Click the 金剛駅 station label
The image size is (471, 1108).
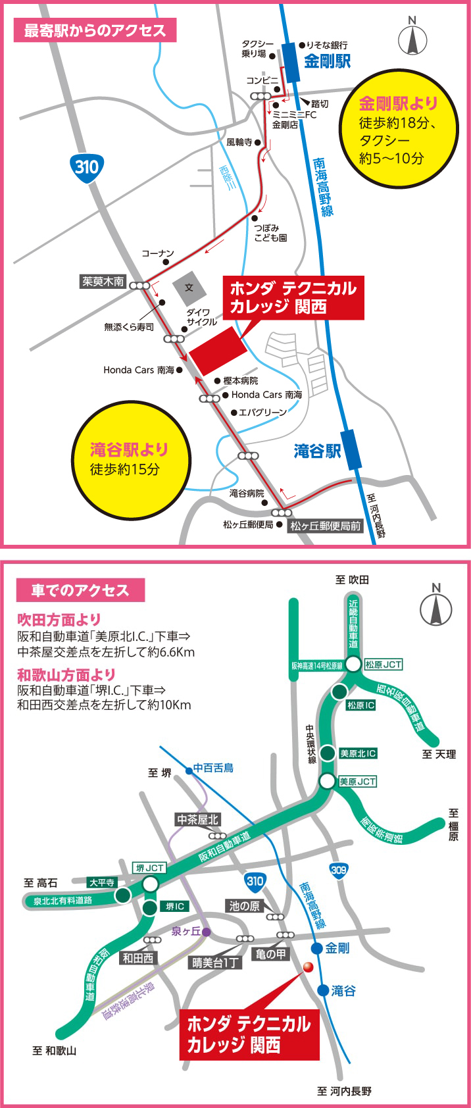(x=327, y=61)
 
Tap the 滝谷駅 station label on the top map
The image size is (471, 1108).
(x=317, y=451)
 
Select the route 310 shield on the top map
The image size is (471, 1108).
(x=86, y=166)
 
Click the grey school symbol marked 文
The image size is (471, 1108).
(x=189, y=288)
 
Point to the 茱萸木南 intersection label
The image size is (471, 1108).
(x=103, y=282)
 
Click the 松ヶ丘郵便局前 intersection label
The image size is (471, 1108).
(x=326, y=526)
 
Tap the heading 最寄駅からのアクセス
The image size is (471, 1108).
(x=95, y=30)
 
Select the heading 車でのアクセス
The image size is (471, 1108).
(x=80, y=590)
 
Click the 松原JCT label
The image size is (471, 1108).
(x=383, y=665)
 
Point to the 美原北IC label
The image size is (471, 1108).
(x=358, y=753)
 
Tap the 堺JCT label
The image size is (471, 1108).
(x=150, y=868)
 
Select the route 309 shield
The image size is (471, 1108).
(x=339, y=870)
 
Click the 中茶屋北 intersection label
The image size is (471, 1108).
(x=197, y=820)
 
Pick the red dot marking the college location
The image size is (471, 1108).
(x=307, y=967)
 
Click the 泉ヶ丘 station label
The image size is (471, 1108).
(x=186, y=931)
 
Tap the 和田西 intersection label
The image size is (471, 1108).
(x=138, y=958)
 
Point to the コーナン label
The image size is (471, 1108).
(x=158, y=253)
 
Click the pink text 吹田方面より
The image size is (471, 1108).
(x=59, y=619)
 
